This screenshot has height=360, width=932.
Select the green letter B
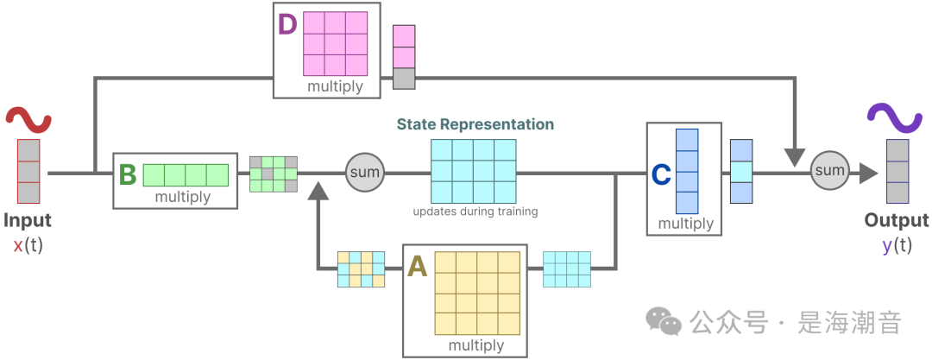pyautogui.click(x=127, y=175)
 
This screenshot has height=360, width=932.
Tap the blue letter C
pyautogui.click(x=661, y=175)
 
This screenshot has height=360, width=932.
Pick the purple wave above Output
pyautogui.click(x=896, y=117)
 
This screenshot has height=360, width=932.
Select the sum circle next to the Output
pyautogui.click(x=829, y=171)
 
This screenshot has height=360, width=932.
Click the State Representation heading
pyautogui.click(x=475, y=124)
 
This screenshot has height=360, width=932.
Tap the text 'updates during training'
pyautogui.click(x=474, y=212)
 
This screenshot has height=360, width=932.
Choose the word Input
pyautogui.click(x=28, y=220)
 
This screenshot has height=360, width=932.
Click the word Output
pyautogui.click(x=897, y=220)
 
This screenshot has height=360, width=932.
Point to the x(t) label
pyautogui.click(x=28, y=244)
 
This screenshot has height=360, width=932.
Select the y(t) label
pyautogui.click(x=897, y=244)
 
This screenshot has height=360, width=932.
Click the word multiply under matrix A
pyautogui.click(x=475, y=345)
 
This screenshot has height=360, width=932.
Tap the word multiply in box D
pyautogui.click(x=335, y=86)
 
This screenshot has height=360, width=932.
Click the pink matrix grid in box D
pyautogui.click(x=335, y=44)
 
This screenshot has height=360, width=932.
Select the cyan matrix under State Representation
pyautogui.click(x=474, y=171)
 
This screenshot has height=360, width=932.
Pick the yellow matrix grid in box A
pyautogui.click(x=477, y=294)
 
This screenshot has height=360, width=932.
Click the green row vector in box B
pyautogui.click(x=186, y=175)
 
